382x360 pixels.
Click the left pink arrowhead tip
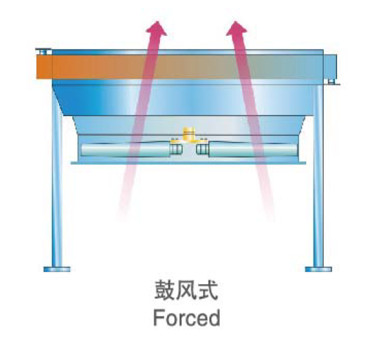coord(157,22)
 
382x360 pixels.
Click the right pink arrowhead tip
coord(235,22)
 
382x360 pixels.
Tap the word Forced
coord(187,318)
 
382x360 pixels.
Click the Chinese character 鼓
coord(165,290)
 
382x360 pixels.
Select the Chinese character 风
coord(186,290)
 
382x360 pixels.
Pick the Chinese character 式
coord(208,290)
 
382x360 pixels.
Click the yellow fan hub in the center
coord(188,136)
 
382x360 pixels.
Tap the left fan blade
coord(126,150)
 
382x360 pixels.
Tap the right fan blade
coord(253,150)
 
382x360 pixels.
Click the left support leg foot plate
coord(57,269)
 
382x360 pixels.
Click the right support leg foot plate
coord(318,269)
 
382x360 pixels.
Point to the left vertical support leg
coord(57,178)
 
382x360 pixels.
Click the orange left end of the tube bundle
coord(44,67)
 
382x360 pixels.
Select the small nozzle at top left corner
coord(44,52)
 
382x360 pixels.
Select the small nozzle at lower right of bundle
coord(331,82)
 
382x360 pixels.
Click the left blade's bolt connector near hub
coord(176,149)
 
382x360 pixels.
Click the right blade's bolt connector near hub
coord(202,149)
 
